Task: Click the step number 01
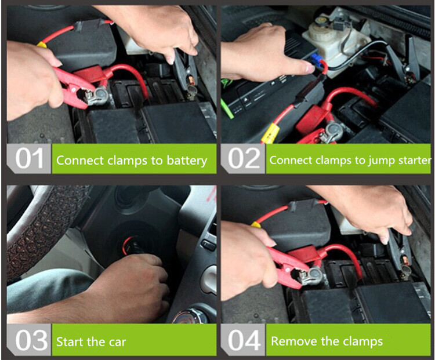29,158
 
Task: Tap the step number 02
244,158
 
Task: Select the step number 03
31,340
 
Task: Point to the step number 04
244,340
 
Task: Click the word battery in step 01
187,161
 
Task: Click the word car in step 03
117,343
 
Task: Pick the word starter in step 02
415,161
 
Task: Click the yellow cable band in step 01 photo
42,45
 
